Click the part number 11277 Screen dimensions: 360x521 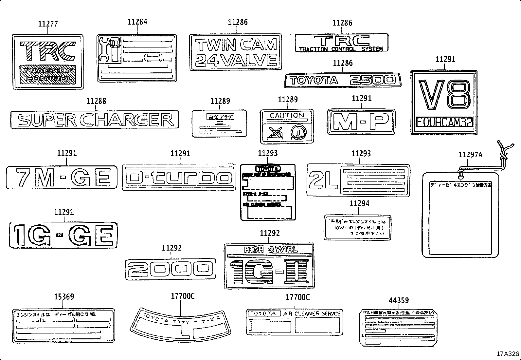[48, 24]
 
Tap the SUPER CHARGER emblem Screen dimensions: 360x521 [95, 120]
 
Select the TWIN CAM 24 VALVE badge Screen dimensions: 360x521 [236, 52]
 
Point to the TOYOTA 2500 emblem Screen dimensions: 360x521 [342, 80]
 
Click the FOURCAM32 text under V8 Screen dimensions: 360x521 [444, 122]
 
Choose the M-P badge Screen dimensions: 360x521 [361, 122]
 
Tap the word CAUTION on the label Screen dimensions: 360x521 [287, 116]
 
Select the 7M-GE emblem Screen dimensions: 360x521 [62, 178]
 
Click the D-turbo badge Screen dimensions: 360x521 [179, 177]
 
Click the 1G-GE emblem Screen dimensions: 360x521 [63, 236]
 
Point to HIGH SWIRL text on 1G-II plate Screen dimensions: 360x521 [271, 250]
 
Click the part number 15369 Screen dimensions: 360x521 [64, 296]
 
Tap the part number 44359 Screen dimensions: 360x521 [399, 300]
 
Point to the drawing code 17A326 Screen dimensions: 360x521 [508, 354]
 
